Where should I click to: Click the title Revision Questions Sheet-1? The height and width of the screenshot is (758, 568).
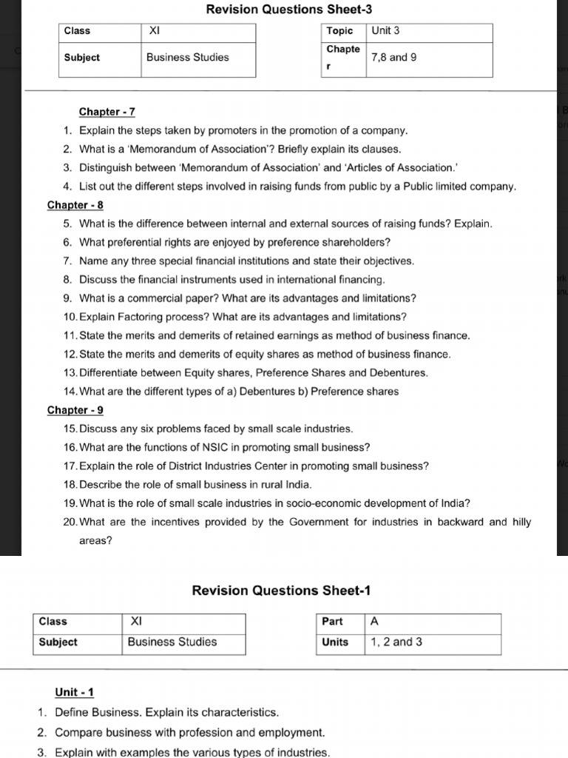pyautogui.click(x=281, y=590)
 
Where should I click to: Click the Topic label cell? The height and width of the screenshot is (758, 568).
pyautogui.click(x=339, y=31)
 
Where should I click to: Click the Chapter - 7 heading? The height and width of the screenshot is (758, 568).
pyautogui.click(x=106, y=112)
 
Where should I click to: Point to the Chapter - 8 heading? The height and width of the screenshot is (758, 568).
pyautogui.click(x=75, y=205)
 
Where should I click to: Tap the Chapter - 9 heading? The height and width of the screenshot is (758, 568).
pyautogui.click(x=75, y=410)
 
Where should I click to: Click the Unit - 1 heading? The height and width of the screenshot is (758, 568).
pyautogui.click(x=74, y=693)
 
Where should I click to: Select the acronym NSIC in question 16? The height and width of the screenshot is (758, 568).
pyautogui.click(x=214, y=447)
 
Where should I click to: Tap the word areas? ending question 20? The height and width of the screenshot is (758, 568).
pyautogui.click(x=95, y=540)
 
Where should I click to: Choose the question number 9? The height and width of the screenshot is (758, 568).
pyautogui.click(x=67, y=298)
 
